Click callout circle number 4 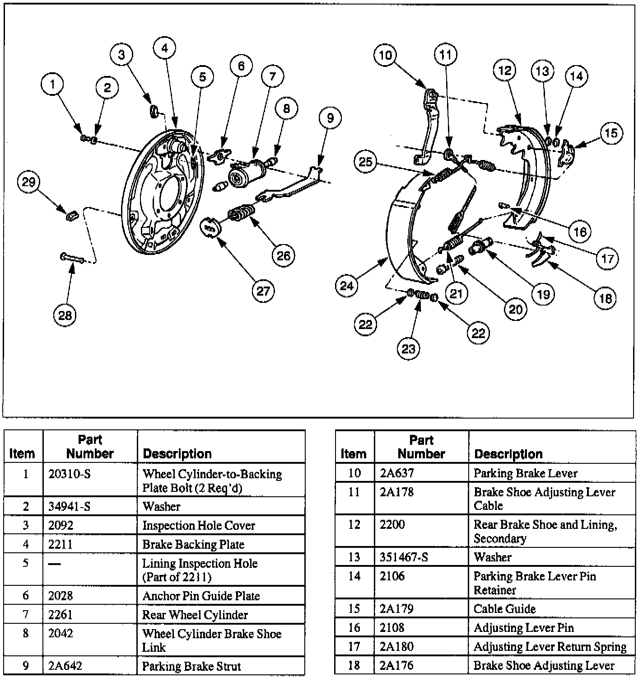tap(165, 48)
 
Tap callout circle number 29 tap(28, 182)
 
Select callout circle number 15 tap(611, 133)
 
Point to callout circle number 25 tap(366, 161)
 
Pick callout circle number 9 tap(330, 118)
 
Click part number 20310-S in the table tap(69, 474)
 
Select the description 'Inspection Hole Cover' tap(199, 525)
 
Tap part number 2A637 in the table tap(397, 473)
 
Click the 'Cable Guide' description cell tap(504, 609)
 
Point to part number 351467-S tap(404, 557)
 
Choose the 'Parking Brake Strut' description tap(191, 666)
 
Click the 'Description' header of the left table tap(177, 454)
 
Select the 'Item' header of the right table tap(353, 453)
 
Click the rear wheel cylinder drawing tap(247, 174)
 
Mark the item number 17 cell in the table tap(354, 647)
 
